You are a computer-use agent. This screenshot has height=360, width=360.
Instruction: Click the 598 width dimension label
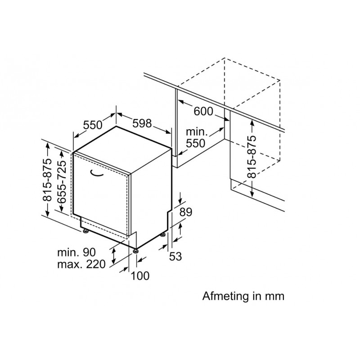[x=142, y=123]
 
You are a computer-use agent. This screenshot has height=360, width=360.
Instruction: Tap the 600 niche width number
[x=203, y=111]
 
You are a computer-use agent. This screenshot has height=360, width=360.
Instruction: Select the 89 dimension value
[x=186, y=212]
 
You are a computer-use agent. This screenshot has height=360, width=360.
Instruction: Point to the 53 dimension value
[x=175, y=256]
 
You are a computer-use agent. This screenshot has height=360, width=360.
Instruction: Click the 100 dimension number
[x=140, y=276]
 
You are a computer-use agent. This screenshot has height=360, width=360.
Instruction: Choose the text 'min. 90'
[x=76, y=252]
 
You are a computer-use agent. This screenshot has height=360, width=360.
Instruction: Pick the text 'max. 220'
[x=81, y=264]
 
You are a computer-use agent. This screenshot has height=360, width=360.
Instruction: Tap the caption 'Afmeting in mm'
[x=243, y=296]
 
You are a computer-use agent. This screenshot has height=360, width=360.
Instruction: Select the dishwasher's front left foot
[x=85, y=231]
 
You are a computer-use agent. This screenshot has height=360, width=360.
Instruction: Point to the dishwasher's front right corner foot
[x=136, y=251]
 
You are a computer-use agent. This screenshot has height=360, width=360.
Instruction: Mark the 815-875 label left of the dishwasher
[x=47, y=180]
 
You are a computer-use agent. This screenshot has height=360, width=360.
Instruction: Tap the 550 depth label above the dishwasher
[x=93, y=125]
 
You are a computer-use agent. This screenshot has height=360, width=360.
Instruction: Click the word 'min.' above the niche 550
[x=197, y=132]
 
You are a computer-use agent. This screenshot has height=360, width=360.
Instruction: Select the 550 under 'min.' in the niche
[x=195, y=143]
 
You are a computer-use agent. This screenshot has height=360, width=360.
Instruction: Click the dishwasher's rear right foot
[x=163, y=235]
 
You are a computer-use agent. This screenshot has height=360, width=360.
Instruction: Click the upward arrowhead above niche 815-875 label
[x=252, y=123]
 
